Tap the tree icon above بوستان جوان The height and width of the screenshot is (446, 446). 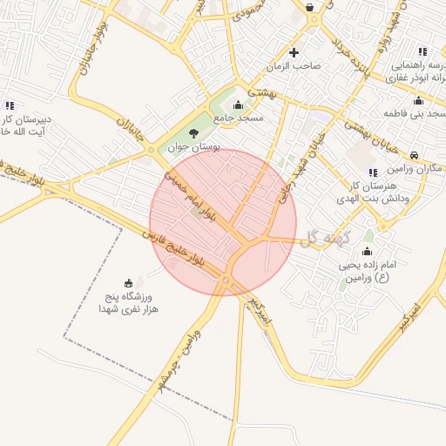[193, 132]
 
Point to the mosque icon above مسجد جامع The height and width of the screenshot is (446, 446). [238, 105]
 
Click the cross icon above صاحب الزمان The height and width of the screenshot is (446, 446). [294, 52]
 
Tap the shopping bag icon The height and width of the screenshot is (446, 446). [310, 8]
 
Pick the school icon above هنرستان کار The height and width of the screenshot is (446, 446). [373, 172]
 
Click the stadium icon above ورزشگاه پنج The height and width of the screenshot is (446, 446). [129, 281]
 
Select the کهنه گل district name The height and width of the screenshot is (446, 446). [321, 238]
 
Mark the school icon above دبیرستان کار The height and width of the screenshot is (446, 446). [10, 105]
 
